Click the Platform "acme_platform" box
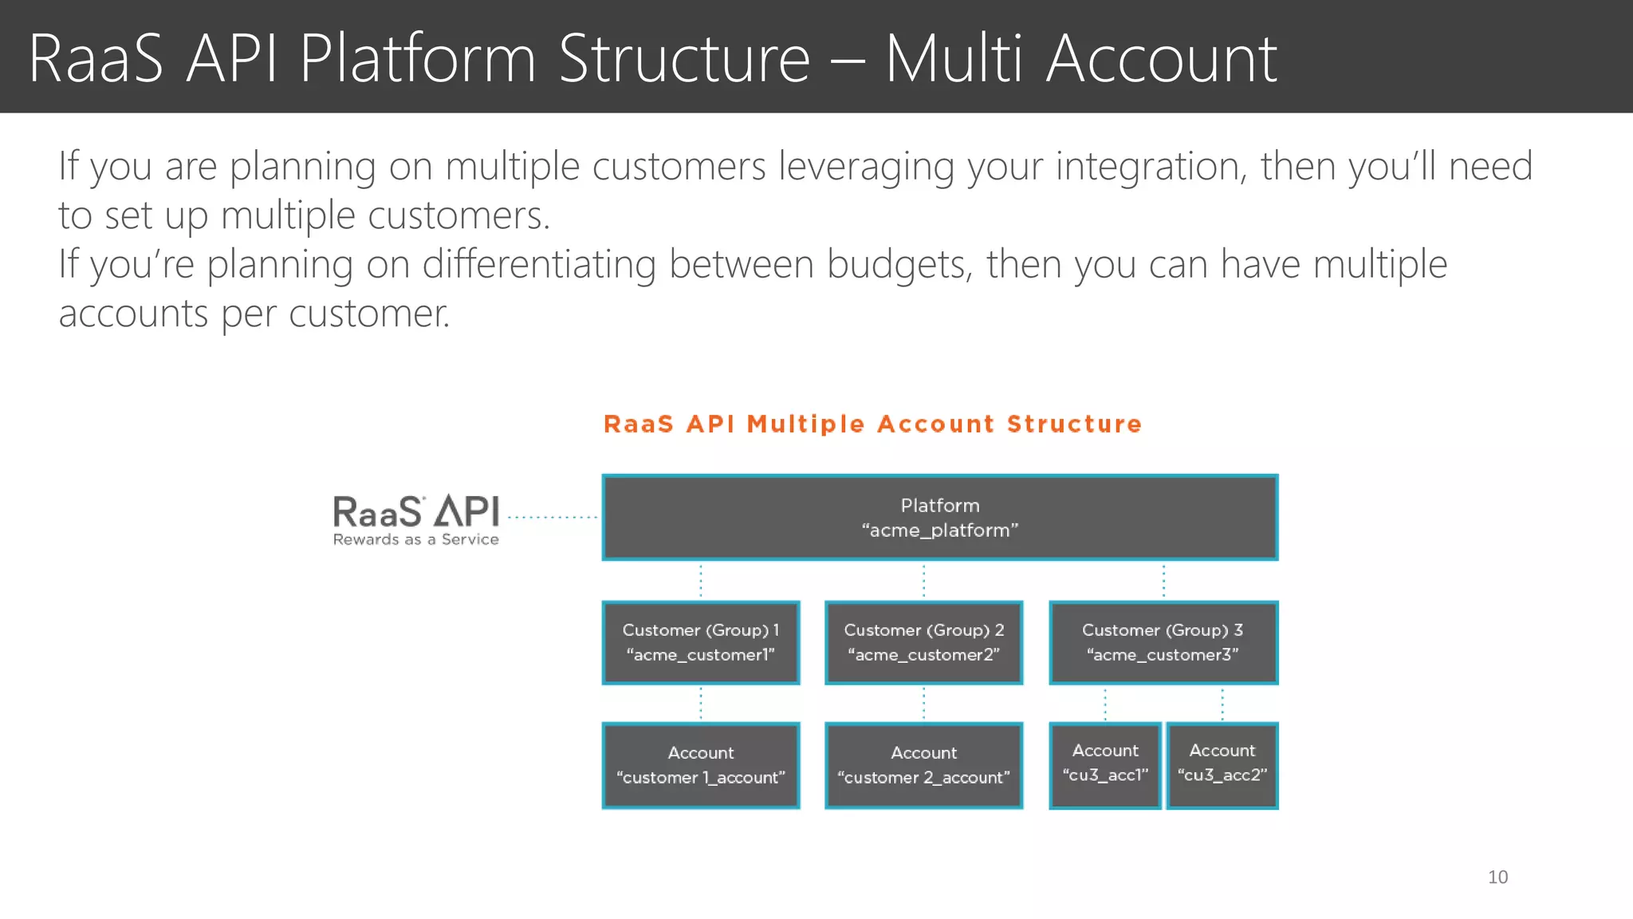(939, 518)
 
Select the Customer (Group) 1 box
(700, 642)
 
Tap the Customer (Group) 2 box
(923, 642)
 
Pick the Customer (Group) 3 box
(1163, 642)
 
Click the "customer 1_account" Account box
(700, 765)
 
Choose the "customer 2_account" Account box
(923, 765)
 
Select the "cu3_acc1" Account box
(1104, 764)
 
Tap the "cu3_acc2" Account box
(1222, 764)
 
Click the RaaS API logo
(416, 512)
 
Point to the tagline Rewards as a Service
(416, 540)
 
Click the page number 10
(1497, 878)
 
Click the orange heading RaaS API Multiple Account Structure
(872, 424)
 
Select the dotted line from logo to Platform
(552, 518)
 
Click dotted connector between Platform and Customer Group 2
(923, 581)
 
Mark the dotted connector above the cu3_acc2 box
(1222, 704)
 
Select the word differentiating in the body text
(538, 264)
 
